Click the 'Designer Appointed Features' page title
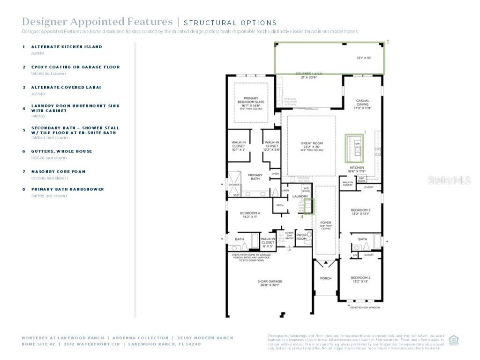point(97,22)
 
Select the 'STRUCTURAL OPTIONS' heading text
point(230,22)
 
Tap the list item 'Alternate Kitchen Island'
point(67,47)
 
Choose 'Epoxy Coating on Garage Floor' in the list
point(75,67)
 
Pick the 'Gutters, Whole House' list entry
point(61,151)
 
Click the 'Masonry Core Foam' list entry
point(58,172)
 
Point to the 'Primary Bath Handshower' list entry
point(67,189)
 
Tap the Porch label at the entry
point(325,278)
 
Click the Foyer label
point(325,224)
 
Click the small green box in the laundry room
point(308,206)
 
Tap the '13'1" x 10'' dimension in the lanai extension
point(363,58)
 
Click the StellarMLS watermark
point(449,180)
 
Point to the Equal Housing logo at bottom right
point(453,340)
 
